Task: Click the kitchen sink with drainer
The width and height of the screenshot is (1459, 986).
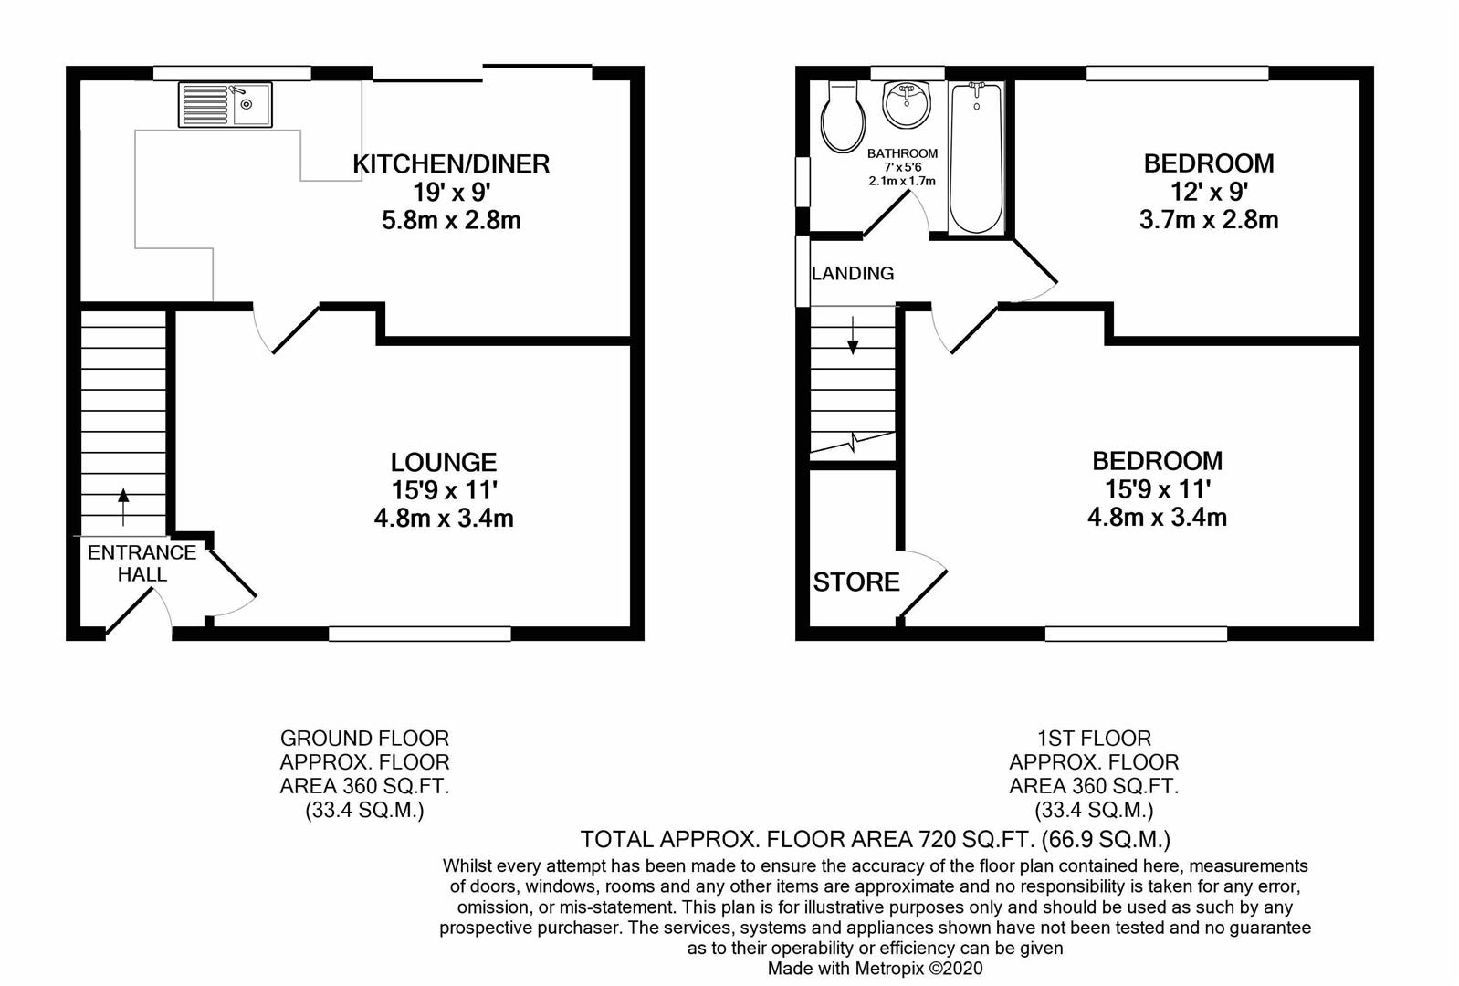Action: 226,105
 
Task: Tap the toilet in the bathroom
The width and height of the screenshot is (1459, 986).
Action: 844,117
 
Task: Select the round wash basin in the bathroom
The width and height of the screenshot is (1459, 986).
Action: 907,104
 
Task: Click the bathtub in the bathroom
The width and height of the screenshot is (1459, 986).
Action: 976,158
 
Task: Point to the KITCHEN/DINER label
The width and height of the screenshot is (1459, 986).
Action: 451,163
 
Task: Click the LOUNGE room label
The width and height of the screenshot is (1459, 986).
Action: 444,462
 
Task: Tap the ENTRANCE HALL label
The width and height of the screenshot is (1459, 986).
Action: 142,563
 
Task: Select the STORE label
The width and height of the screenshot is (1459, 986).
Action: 856,582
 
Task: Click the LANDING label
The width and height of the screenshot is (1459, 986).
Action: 853,274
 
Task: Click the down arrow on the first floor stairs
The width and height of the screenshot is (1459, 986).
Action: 853,335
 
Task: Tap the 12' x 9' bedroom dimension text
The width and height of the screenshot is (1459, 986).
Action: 1209,192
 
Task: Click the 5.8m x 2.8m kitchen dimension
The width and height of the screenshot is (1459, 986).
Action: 451,221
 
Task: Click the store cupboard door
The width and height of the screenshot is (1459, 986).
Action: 922,583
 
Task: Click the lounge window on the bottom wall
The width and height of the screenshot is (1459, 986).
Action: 419,634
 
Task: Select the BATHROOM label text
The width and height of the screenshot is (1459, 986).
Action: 902,153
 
